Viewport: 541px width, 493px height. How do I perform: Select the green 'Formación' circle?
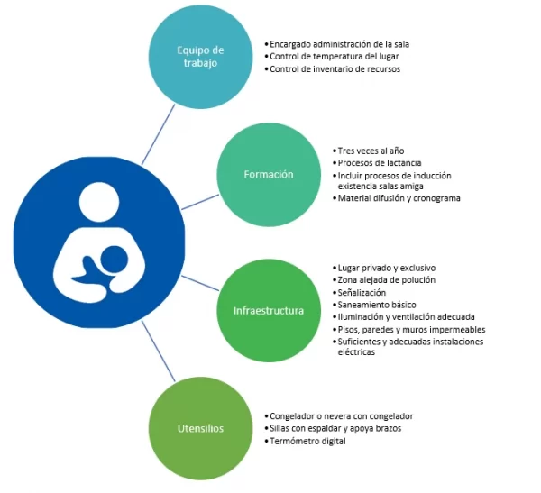tap(268, 174)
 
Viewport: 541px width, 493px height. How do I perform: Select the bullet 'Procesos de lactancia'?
tap(378, 162)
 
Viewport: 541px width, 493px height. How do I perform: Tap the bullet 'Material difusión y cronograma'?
tap(399, 198)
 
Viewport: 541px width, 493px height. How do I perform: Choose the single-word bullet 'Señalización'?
tap(362, 293)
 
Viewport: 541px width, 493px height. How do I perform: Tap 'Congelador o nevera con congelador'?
tap(341, 416)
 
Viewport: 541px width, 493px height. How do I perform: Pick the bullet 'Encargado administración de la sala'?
tap(340, 43)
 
